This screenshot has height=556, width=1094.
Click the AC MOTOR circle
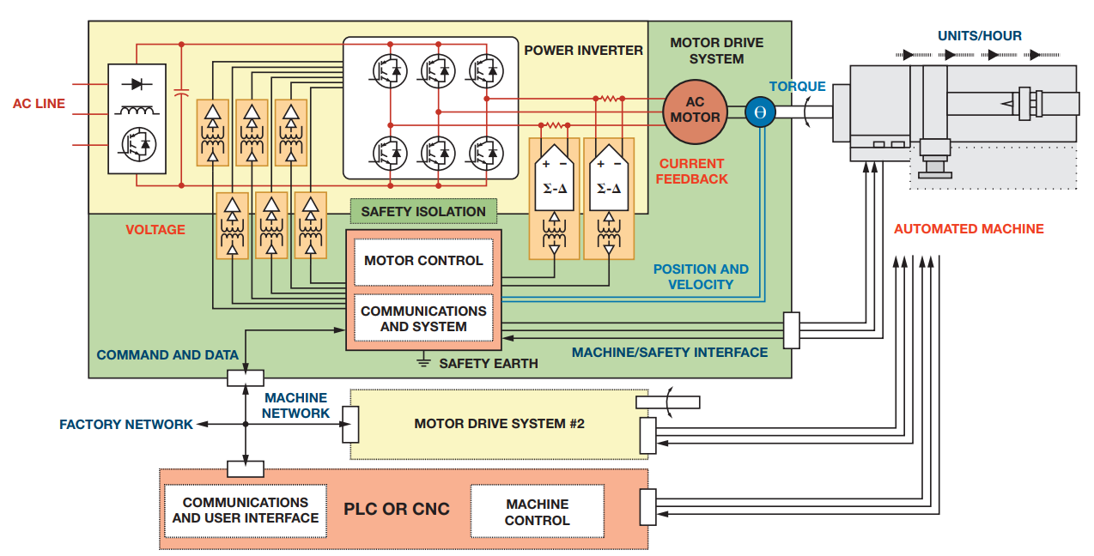(695, 110)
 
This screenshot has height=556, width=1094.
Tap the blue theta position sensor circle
(760, 112)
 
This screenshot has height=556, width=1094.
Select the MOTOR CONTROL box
(423, 261)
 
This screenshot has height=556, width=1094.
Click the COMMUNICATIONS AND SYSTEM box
(423, 318)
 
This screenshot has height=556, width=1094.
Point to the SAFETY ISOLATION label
(423, 211)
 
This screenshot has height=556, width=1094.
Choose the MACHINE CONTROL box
(537, 512)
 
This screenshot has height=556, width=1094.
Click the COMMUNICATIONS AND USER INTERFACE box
(246, 511)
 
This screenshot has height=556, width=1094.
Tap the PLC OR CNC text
(397, 509)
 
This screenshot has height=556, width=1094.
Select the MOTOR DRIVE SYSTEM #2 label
(499, 424)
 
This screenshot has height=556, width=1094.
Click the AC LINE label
(39, 104)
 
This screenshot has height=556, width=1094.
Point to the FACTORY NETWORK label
(126, 425)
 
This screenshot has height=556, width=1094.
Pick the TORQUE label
(797, 87)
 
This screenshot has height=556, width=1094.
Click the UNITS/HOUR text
(980, 36)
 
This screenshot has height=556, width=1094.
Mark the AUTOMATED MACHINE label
(969, 229)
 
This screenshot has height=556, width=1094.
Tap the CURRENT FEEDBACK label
(692, 172)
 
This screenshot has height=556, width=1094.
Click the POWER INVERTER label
(583, 51)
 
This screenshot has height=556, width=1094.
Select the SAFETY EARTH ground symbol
(422, 362)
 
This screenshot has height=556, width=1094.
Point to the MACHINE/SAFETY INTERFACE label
(670, 353)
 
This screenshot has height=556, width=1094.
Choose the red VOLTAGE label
(155, 230)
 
